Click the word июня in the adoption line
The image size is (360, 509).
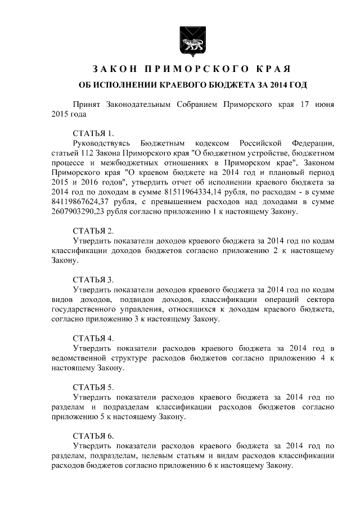tap(326, 105)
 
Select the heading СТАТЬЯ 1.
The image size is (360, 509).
tap(93, 134)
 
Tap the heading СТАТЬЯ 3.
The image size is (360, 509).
tap(93, 280)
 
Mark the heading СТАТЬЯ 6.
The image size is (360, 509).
tap(93, 436)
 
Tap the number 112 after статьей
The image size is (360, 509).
tap(83, 153)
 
